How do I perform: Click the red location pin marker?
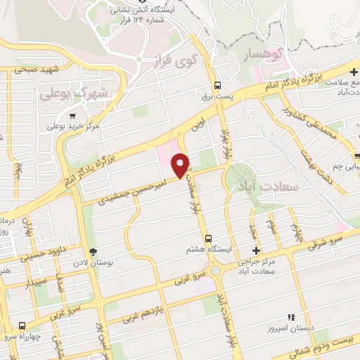(181, 165)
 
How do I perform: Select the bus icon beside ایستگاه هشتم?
(208, 237)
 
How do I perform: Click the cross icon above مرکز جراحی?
(256, 250)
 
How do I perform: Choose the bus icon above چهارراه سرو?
(23, 326)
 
